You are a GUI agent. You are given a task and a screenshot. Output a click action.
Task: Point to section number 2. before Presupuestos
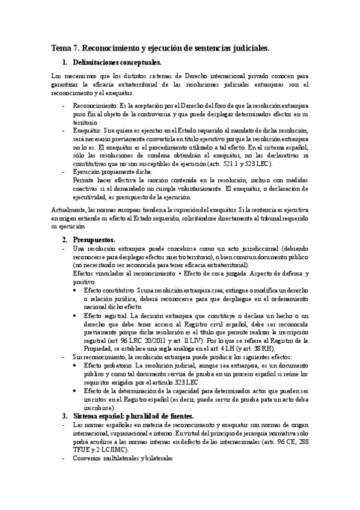click(66, 239)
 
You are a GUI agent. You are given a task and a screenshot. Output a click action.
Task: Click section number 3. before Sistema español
click(66, 416)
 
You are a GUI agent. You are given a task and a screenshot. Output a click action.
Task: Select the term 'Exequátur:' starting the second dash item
click(87, 131)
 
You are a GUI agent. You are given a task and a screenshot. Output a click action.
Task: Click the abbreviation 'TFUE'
click(81, 449)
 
